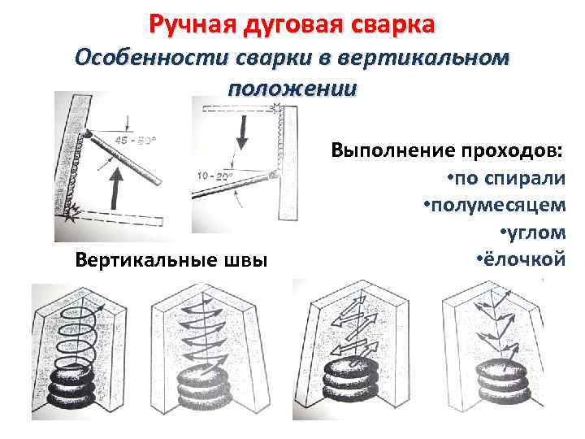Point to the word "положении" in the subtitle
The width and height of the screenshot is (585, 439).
pyautogui.click(x=292, y=88)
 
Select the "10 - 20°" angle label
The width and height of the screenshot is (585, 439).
pyautogui.click(x=214, y=176)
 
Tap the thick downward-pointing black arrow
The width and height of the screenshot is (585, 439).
pyautogui.click(x=240, y=131)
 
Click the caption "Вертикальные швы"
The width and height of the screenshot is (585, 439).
pyautogui.click(x=170, y=260)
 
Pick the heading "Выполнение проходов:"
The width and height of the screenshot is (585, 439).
pyautogui.click(x=447, y=151)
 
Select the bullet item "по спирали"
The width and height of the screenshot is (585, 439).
pyautogui.click(x=508, y=179)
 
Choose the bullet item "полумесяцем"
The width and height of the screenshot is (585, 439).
pyautogui.click(x=497, y=206)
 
